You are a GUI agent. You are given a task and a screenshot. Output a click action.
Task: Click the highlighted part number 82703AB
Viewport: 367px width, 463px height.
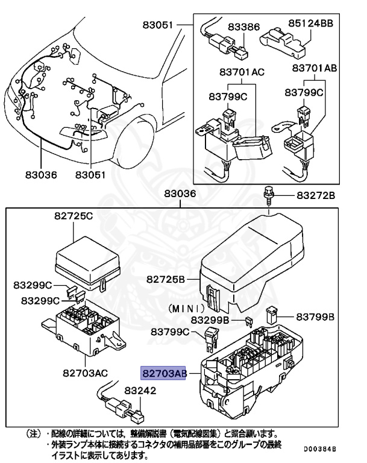[x=163, y=373]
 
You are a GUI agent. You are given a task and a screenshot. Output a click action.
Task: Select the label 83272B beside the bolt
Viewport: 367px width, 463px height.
[x=315, y=196]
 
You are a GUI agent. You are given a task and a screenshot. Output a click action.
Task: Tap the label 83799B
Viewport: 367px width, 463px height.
[x=315, y=317]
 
